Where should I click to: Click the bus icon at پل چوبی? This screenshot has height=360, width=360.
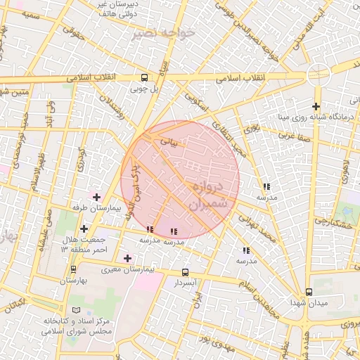[145, 78]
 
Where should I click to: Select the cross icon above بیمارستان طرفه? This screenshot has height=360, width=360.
[96, 196]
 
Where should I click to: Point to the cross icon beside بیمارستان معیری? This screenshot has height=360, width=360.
[127, 258]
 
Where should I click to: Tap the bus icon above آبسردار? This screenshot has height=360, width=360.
[185, 272]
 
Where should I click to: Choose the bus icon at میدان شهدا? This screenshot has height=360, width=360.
[309, 292]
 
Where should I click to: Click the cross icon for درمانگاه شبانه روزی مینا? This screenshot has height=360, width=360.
[316, 106]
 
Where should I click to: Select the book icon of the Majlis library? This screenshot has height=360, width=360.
[76, 310]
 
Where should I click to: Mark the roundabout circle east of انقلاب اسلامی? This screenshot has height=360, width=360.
[319, 74]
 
